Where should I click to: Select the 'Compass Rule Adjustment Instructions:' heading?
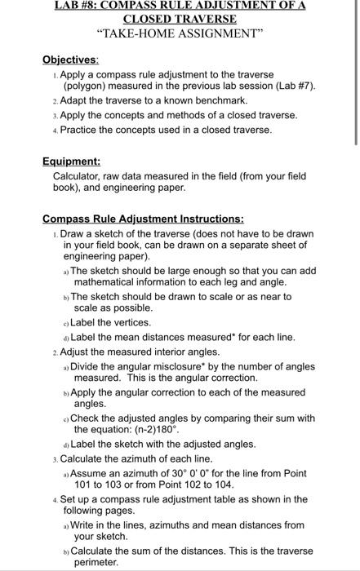pyautogui.click(x=143, y=219)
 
